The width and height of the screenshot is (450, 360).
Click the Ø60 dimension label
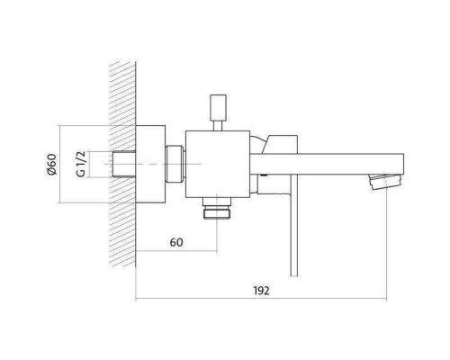(52, 165)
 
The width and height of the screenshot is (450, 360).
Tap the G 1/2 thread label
(81, 164)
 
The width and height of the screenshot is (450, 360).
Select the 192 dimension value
(261, 291)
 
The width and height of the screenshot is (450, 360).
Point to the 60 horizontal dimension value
(176, 242)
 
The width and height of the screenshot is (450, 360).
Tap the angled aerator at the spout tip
(386, 181)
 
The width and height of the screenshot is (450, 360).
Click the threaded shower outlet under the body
(217, 208)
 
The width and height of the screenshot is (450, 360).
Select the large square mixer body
(218, 165)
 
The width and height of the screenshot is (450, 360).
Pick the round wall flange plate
(150, 164)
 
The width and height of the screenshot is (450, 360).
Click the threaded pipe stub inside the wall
(124, 164)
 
